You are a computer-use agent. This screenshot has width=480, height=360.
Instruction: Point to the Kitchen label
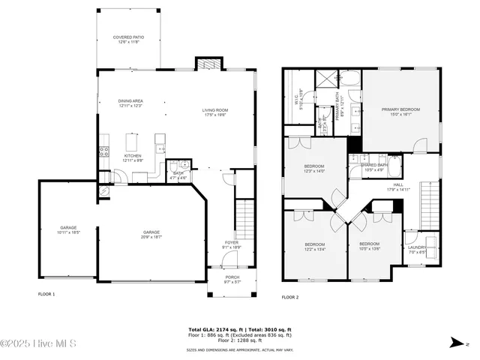coord(132,157)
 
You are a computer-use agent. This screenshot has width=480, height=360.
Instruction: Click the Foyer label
coord(231,244)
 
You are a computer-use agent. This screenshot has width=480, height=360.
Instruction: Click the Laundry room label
coord(416,249)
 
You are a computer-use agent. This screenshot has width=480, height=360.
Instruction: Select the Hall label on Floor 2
coord(397,187)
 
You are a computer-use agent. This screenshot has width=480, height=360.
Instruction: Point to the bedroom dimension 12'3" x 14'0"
coord(314,172)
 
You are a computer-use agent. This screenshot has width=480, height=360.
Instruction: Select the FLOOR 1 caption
coord(46,295)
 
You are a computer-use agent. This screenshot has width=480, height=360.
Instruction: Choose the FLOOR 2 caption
coord(290,298)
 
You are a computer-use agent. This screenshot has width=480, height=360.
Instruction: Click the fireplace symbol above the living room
coord(205,64)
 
